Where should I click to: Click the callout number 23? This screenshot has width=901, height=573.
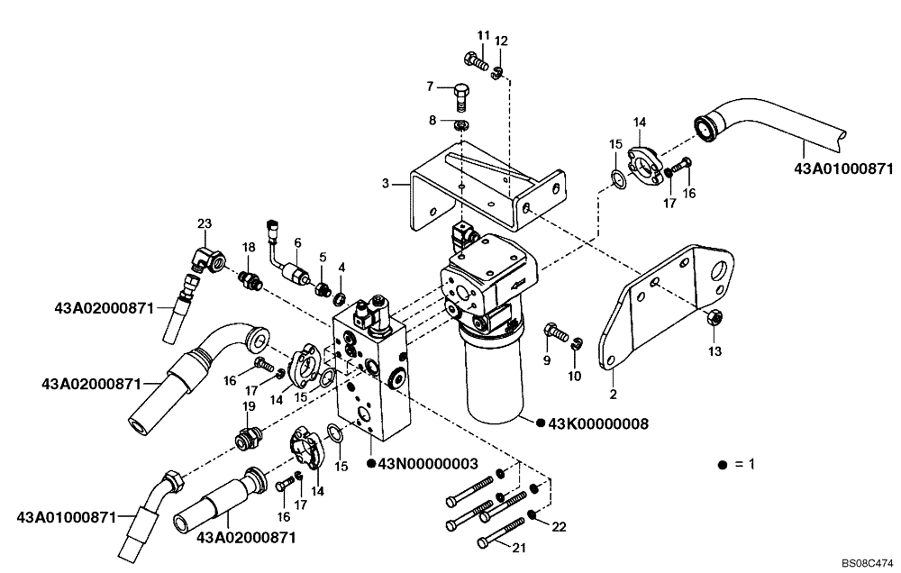(x=205, y=223)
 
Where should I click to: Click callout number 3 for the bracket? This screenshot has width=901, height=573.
(x=386, y=184)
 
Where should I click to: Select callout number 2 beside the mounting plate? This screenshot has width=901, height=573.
(x=614, y=393)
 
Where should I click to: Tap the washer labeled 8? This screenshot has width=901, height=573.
(x=460, y=123)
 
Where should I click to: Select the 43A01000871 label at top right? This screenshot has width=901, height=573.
(x=842, y=168)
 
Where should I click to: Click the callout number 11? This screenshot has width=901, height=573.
(x=483, y=35)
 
